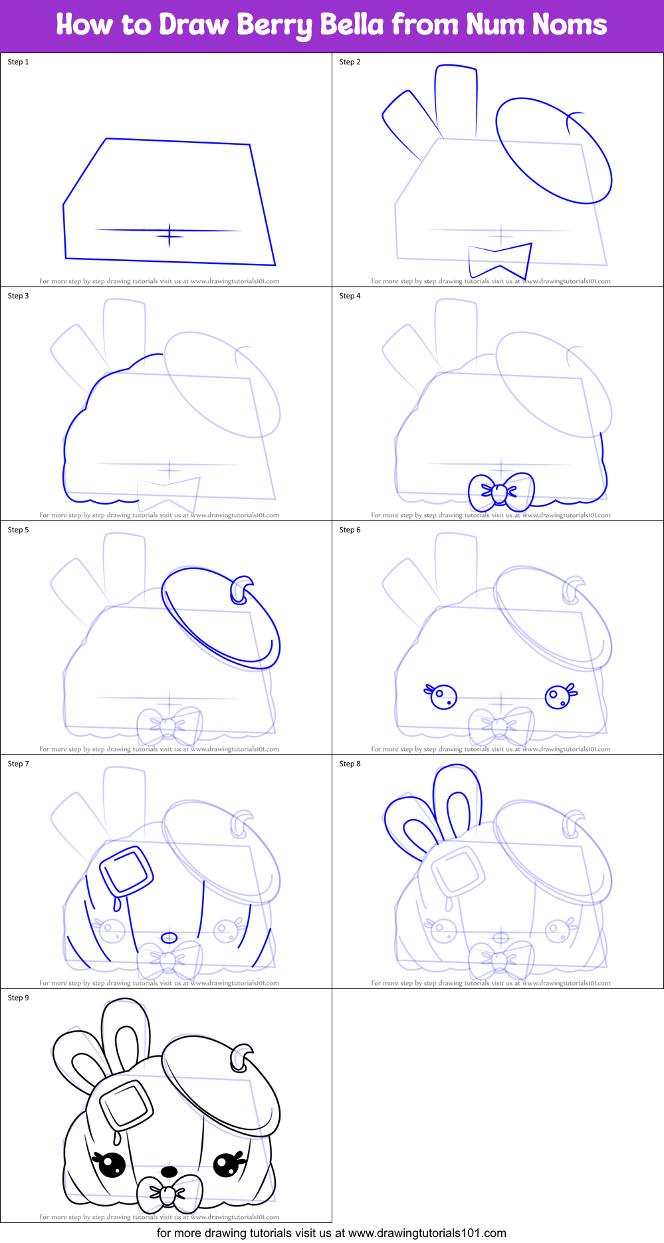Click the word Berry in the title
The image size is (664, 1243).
coord(275,25)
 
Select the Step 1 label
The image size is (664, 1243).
coord(18,62)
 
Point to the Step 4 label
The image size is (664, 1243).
coord(350,296)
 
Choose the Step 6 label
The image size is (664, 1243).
coord(350,530)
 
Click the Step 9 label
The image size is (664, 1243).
coord(18,998)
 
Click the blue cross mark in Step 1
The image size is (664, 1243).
coord(169,235)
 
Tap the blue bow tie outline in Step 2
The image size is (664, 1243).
coord(500,261)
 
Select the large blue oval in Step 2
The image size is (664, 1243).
coord(553,150)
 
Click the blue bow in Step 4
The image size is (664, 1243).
coord(500,492)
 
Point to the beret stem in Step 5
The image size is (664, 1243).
coord(241,590)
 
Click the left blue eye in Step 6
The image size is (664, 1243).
coord(442,697)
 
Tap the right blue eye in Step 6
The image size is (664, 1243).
coord(558,697)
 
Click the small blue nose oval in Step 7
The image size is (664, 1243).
coord(169,938)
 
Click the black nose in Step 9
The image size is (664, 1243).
coord(169,1171)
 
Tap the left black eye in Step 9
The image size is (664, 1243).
coord(111,1164)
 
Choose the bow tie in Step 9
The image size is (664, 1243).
coord(169,1193)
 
